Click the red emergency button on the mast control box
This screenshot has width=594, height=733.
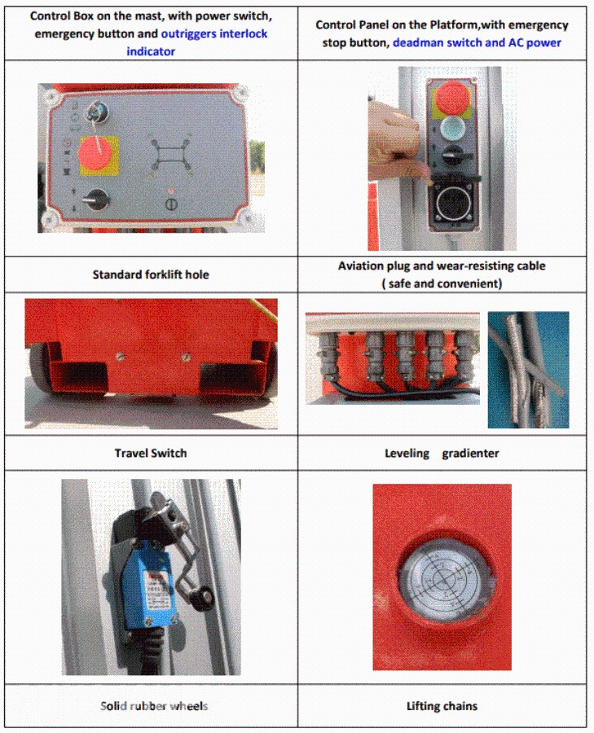click(97, 154)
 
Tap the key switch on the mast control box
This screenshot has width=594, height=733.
click(96, 112)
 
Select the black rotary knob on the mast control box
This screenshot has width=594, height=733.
click(98, 200)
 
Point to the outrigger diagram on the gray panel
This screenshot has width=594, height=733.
click(170, 156)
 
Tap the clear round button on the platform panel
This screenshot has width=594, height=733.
click(452, 128)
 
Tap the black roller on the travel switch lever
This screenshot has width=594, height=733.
click(203, 597)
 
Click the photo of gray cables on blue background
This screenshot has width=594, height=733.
click(529, 370)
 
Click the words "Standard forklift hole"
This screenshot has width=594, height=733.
click(151, 274)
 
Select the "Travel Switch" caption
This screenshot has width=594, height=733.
click(151, 453)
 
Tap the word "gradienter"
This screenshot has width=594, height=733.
click(470, 454)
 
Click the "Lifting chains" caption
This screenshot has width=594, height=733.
click(442, 706)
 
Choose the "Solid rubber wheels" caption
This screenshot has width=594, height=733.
click(154, 706)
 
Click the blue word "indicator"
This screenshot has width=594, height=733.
click(151, 51)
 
